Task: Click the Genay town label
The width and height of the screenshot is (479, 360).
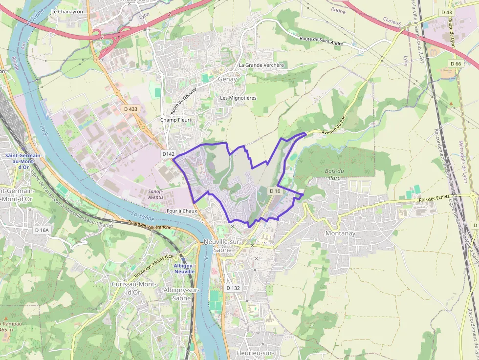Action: pyautogui.click(x=228, y=79)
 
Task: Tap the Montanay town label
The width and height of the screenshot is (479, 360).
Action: pyautogui.click(x=340, y=233)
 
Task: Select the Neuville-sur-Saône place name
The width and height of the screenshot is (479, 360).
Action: pyautogui.click(x=223, y=246)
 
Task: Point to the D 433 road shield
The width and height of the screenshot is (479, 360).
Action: pyautogui.click(x=131, y=109)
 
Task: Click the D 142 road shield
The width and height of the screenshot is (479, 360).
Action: pyautogui.click(x=169, y=154)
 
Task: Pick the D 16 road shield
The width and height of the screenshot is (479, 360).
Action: pyautogui.click(x=275, y=191)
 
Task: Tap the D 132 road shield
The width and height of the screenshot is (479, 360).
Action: pyautogui.click(x=234, y=288)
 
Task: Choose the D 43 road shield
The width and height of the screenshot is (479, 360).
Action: pyautogui.click(x=446, y=12)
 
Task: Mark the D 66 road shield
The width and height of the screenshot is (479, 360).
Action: pyautogui.click(x=455, y=64)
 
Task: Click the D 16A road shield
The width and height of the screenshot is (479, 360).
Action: pyautogui.click(x=43, y=230)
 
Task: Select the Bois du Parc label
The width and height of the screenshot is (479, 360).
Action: pyautogui.click(x=334, y=174)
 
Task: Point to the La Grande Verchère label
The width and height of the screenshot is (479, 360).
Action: pyautogui.click(x=261, y=65)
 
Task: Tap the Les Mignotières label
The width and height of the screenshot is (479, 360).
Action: pyautogui.click(x=238, y=98)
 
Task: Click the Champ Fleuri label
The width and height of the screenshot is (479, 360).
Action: pyautogui.click(x=175, y=120)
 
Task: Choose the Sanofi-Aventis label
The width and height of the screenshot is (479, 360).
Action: pyautogui.click(x=156, y=194)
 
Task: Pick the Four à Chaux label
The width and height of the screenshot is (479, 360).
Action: pyautogui.click(x=181, y=211)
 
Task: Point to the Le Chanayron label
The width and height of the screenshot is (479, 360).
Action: pyautogui.click(x=67, y=11)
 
